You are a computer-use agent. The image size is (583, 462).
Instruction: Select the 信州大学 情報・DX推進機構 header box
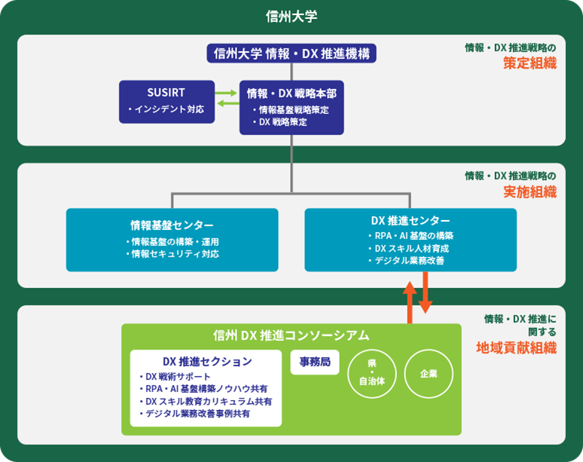click(291, 53)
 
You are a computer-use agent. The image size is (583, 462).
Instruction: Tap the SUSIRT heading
click(166, 93)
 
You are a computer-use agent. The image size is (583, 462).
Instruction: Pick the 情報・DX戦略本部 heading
click(291, 93)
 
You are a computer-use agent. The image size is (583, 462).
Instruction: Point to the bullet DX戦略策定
click(282, 121)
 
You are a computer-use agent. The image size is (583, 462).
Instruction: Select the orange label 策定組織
click(530, 64)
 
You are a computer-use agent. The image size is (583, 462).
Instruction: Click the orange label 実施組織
click(530, 191)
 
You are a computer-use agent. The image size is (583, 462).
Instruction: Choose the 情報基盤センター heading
click(172, 225)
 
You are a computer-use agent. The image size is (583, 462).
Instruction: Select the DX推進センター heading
click(411, 221)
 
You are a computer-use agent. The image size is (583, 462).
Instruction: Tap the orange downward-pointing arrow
click(426, 294)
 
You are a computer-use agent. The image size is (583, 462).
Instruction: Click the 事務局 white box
click(310, 362)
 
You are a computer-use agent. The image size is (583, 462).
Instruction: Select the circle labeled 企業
click(428, 374)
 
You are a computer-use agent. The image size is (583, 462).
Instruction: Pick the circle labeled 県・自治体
click(371, 374)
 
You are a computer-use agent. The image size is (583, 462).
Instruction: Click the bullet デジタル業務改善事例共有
click(199, 414)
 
